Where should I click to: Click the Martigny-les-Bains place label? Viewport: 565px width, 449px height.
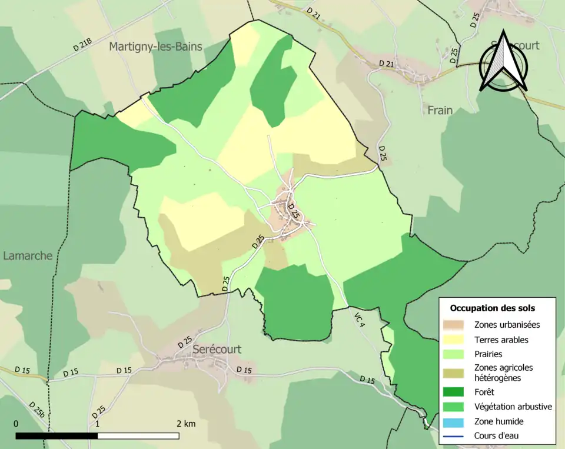tap(155, 47)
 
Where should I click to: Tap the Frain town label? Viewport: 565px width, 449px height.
tap(440, 110)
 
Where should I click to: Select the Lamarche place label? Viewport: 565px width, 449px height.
tap(28, 256)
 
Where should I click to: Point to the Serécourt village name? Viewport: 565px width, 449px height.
tap(217, 350)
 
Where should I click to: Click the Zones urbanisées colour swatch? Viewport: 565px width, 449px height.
tap(456, 324)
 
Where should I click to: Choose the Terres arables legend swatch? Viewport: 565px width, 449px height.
tap(456, 340)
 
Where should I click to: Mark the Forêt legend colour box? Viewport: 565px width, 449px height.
tap(456, 391)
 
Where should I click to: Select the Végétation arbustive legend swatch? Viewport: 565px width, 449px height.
tap(456, 407)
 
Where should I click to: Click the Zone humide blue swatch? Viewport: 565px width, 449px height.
tap(456, 421)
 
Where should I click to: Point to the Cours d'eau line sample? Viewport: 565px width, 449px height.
tap(456, 436)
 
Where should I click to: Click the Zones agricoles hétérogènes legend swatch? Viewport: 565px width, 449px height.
tap(456, 372)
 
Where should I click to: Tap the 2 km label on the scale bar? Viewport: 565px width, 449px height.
tap(185, 424)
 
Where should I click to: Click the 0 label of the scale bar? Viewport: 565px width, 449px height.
tap(16, 424)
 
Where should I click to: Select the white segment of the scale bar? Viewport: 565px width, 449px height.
tap(138, 436)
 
